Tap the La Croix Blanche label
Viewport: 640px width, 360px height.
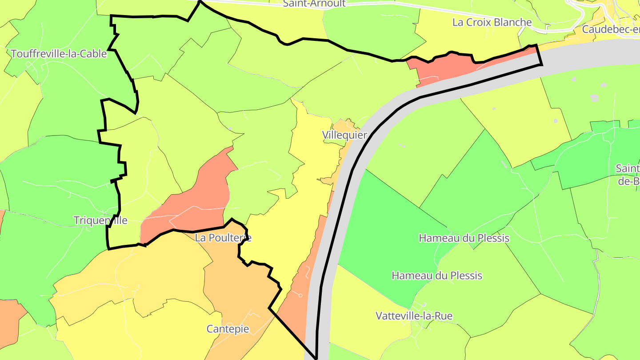(492, 22)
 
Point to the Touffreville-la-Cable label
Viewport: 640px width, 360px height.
(59, 54)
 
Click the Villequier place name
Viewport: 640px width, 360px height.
(345, 135)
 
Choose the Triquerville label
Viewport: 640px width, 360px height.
(100, 220)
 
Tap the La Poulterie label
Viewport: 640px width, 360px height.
(223, 238)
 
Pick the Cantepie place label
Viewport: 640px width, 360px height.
(228, 329)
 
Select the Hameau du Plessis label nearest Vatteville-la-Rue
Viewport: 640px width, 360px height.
(436, 276)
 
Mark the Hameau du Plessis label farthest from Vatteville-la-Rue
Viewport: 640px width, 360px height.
(464, 238)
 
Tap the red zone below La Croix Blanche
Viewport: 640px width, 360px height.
(440, 69)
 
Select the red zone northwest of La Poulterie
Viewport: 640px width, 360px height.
(200, 196)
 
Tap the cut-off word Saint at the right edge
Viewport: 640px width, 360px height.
(627, 169)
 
